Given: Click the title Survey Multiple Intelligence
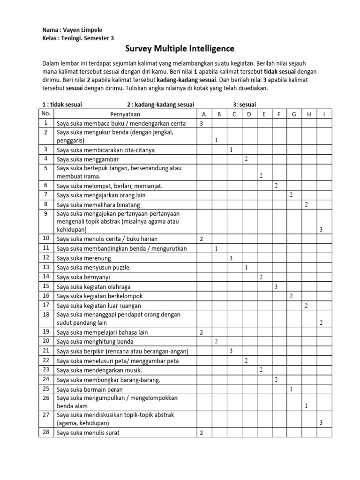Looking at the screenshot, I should [180, 49].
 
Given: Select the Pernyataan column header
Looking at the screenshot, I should [125, 114].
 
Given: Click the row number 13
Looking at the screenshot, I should [46, 267].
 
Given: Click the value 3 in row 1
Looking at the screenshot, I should [201, 124].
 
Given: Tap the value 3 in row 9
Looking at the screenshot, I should [321, 229].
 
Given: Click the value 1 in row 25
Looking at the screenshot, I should [292, 389].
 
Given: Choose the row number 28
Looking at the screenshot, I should [46, 432].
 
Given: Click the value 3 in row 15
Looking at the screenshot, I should [277, 286].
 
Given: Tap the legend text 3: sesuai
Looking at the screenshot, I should [244, 105].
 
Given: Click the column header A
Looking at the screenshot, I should [203, 114].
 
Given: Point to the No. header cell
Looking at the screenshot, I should [46, 113].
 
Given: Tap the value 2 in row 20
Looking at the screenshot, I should [216, 341].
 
